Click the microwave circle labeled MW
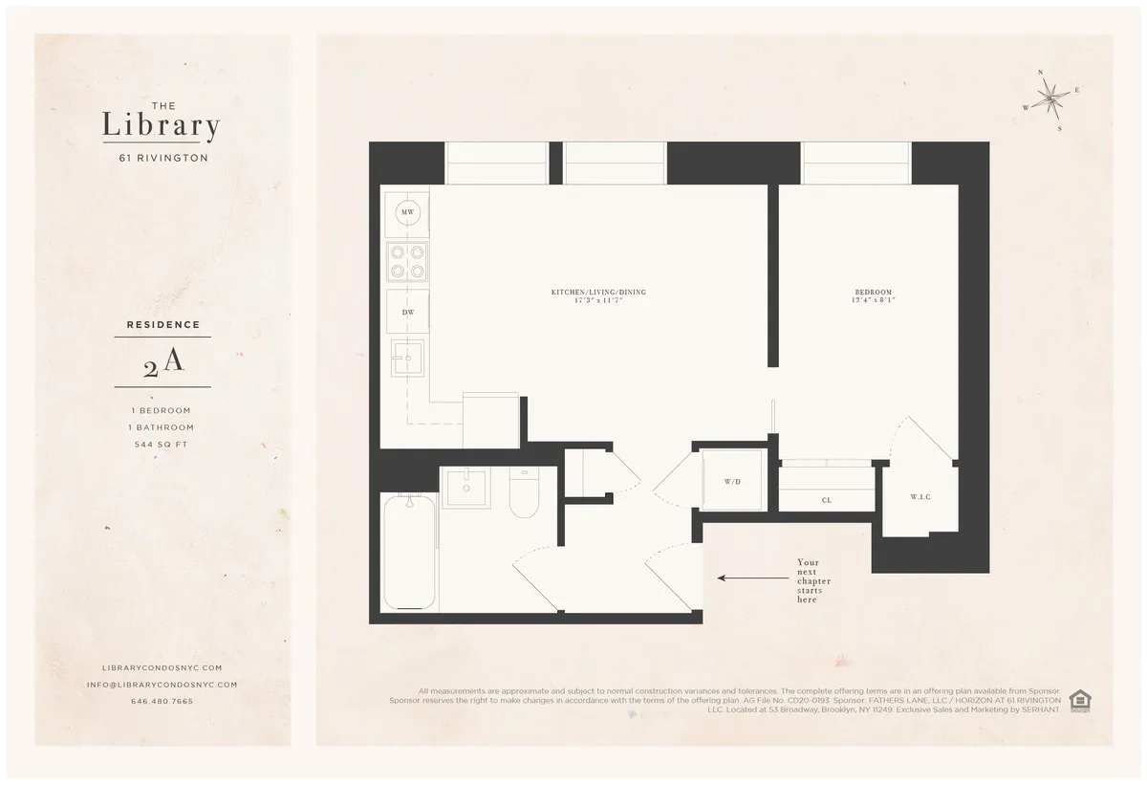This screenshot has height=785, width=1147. click(407, 212)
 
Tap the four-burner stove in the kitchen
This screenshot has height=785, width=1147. click(407, 261)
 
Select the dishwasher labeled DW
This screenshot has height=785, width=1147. click(407, 313)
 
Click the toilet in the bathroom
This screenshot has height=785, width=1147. click(523, 495)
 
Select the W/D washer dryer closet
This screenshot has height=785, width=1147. click(732, 482)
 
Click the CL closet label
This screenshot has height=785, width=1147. click(826, 500)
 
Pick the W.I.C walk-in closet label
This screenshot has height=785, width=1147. click(920, 497)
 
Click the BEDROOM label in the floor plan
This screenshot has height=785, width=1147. click(874, 292)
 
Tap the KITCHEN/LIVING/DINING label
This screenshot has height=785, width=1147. click(593, 292)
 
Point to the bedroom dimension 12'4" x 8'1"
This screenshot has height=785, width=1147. click(874, 301)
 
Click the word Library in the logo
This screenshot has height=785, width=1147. click(162, 126)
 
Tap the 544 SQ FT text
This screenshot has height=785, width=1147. click(162, 445)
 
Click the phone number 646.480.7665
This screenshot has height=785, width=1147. click(162, 701)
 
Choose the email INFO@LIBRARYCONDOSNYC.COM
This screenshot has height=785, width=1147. click(162, 685)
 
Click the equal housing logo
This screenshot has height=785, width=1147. click(1079, 701)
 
